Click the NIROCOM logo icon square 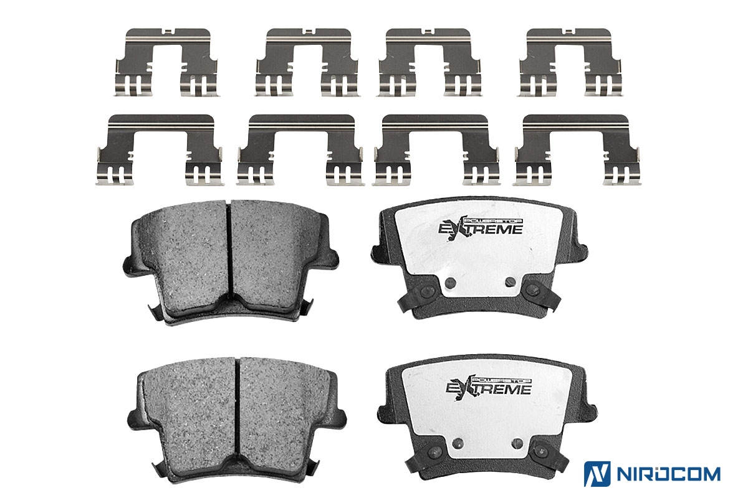[597, 474]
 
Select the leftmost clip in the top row [167, 63]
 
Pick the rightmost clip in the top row [570, 63]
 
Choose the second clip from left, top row [307, 63]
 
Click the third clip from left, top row [429, 63]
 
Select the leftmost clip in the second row [160, 150]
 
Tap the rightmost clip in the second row [577, 150]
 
